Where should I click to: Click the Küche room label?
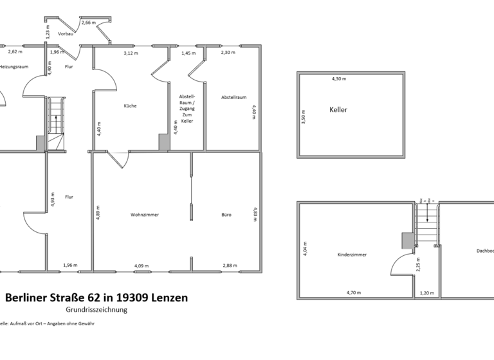click(x=130, y=106)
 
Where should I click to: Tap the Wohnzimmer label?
click(x=145, y=215)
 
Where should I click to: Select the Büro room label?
click(x=226, y=215)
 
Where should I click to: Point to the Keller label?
click(x=338, y=110)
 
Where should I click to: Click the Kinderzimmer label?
click(x=352, y=255)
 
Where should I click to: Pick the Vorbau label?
click(x=65, y=33)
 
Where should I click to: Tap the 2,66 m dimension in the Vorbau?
click(x=88, y=22)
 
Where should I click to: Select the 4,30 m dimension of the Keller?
click(x=338, y=79)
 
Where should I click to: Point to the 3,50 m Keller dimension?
click(x=304, y=116)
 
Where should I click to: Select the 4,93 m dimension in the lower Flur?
click(x=53, y=200)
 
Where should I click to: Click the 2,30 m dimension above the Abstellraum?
click(x=228, y=53)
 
